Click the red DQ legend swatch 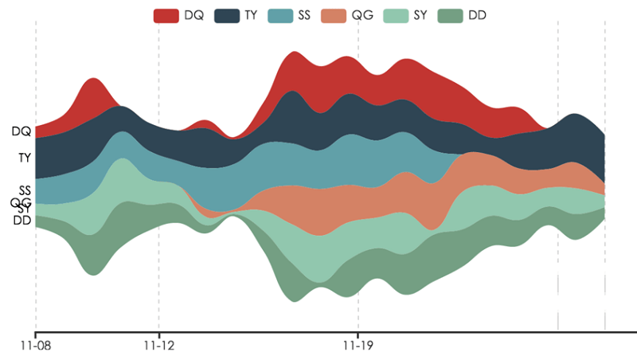pyautogui.click(x=166, y=15)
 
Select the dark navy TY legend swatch pyautogui.click(x=227, y=15)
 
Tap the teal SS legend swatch pyautogui.click(x=279, y=15)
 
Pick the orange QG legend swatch pyautogui.click(x=334, y=15)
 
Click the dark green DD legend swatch pyautogui.click(x=451, y=15)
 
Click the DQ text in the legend pyautogui.click(x=193, y=15)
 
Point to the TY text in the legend pyautogui.click(x=251, y=15)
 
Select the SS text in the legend pyautogui.click(x=304, y=15)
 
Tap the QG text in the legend pyautogui.click(x=362, y=15)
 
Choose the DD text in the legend pyautogui.click(x=479, y=15)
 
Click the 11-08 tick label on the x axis pyautogui.click(x=36, y=346)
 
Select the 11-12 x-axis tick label pyautogui.click(x=158, y=346)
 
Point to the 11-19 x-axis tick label pyautogui.click(x=358, y=346)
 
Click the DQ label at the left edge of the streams pyautogui.click(x=21, y=131)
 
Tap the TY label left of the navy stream pyautogui.click(x=25, y=158)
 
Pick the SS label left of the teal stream pyautogui.click(x=25, y=190)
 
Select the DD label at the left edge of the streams pyautogui.click(x=22, y=221)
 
